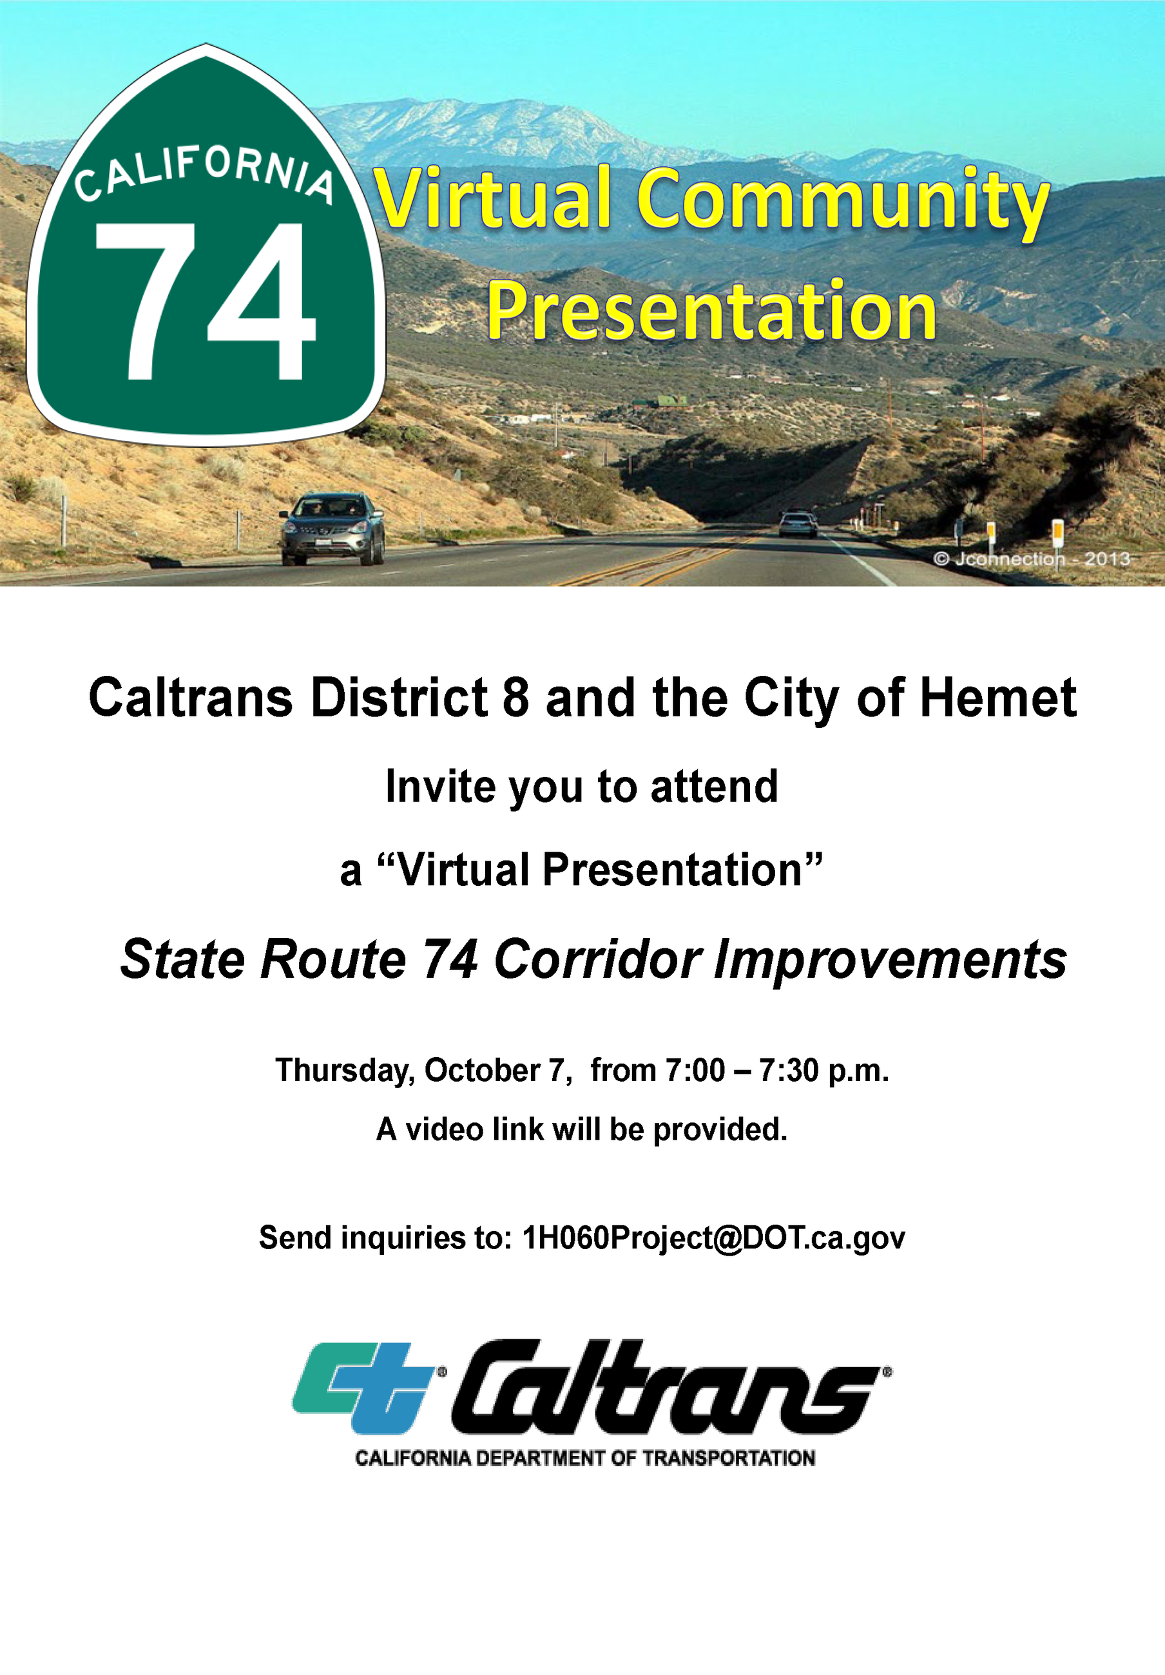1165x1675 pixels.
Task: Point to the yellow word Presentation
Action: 711,312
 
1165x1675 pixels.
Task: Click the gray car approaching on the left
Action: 332,529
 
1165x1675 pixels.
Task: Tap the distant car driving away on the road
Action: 797,524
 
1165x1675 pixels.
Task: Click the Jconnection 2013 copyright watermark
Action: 1032,560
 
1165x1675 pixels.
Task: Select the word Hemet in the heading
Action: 997,698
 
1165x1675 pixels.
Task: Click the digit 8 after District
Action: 515,698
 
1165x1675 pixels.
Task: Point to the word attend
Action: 713,787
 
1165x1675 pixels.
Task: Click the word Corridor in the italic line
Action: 597,959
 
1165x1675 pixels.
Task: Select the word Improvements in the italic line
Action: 890,960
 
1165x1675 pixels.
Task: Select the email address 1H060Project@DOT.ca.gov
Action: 713,1238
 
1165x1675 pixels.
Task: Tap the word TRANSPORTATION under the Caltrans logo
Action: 728,1459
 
